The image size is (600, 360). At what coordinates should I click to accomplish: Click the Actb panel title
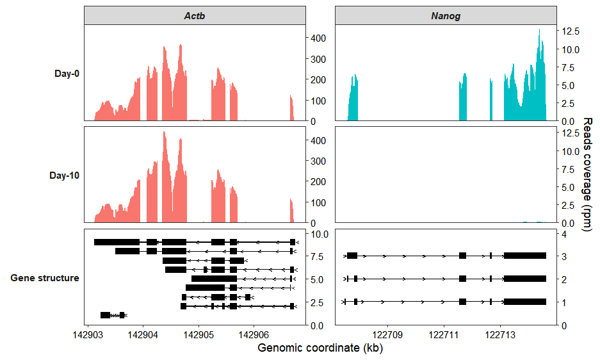click(195, 16)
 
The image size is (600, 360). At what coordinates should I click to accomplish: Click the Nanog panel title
click(445, 16)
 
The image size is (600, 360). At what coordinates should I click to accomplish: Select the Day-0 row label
click(67, 74)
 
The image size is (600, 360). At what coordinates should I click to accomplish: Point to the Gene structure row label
click(45, 278)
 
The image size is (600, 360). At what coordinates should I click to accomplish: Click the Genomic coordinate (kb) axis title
click(320, 348)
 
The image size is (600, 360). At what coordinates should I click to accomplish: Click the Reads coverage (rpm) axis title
click(588, 175)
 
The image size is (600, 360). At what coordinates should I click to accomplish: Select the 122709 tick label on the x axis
click(389, 334)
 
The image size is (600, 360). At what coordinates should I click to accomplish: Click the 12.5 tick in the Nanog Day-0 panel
click(571, 31)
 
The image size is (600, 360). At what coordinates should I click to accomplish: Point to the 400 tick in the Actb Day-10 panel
click(318, 140)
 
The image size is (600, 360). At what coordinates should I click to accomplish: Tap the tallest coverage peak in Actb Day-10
click(164, 133)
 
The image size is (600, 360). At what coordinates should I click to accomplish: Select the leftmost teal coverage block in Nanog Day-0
click(352, 99)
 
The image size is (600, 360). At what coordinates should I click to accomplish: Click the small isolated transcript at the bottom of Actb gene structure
click(112, 315)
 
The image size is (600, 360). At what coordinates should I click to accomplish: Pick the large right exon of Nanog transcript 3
click(525, 256)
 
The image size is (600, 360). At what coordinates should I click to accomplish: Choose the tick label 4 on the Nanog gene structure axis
click(564, 234)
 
